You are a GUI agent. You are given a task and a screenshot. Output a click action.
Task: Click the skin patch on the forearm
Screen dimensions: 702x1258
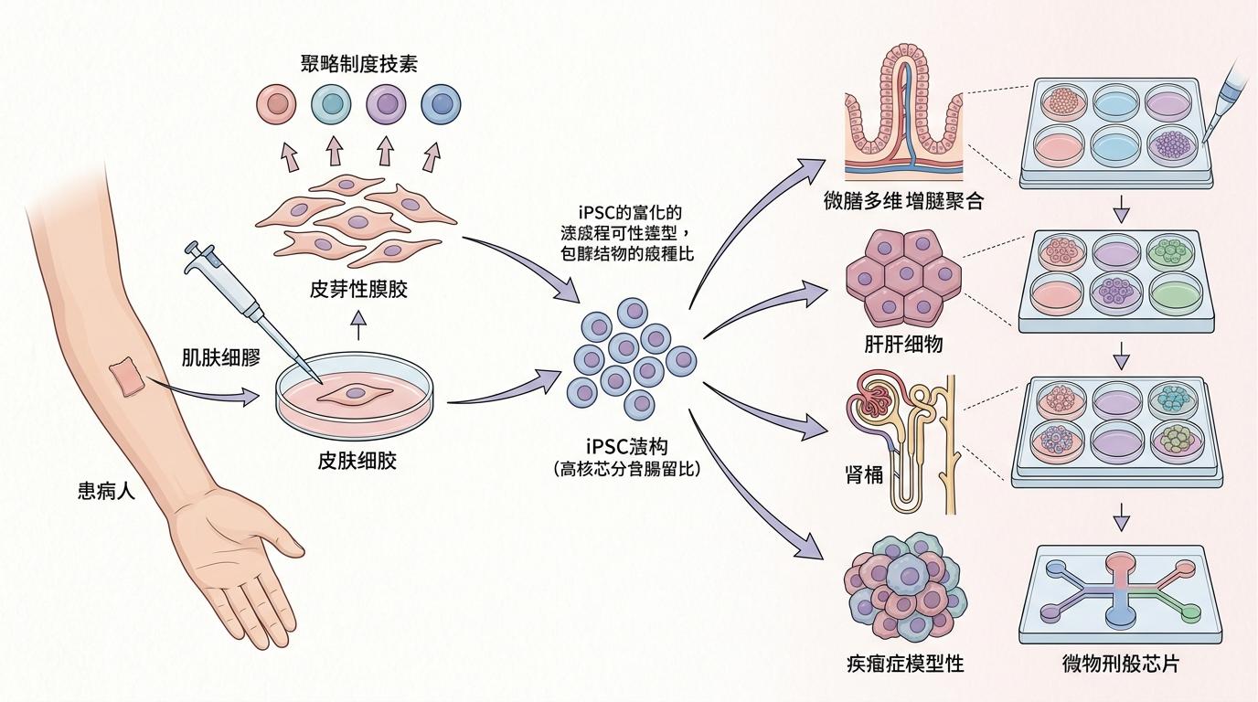point(126,378)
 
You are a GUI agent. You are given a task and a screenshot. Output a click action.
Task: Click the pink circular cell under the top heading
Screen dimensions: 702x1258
point(275,105)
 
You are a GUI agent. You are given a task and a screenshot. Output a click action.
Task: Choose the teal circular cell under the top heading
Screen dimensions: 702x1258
point(330,105)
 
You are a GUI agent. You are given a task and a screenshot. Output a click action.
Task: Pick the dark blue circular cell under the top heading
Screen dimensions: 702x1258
point(440,105)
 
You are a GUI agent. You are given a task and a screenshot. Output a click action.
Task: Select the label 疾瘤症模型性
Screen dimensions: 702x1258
point(905,664)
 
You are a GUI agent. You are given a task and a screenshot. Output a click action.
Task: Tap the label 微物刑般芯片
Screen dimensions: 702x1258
point(1122,664)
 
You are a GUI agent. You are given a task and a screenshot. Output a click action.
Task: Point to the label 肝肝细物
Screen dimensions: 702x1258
point(903,345)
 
